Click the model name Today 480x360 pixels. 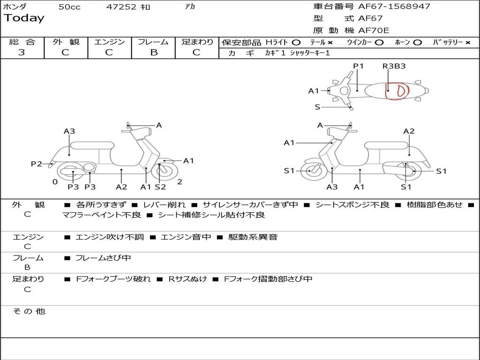point(24,18)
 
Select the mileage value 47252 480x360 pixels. point(121,7)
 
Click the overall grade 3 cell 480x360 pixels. point(22,52)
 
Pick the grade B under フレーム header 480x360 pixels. point(154,52)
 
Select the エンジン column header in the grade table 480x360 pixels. point(109,42)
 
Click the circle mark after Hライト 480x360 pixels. point(296,42)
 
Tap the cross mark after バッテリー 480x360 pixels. point(467,42)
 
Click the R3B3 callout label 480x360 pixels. point(394,66)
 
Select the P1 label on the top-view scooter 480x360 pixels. point(358,66)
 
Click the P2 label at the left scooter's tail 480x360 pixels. point(37,164)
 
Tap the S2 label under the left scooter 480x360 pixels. point(160,187)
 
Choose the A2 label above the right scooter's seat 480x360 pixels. point(409,131)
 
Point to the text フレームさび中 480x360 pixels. point(103,258)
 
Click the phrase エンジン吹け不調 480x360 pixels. point(110,237)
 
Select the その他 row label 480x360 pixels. point(29,311)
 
